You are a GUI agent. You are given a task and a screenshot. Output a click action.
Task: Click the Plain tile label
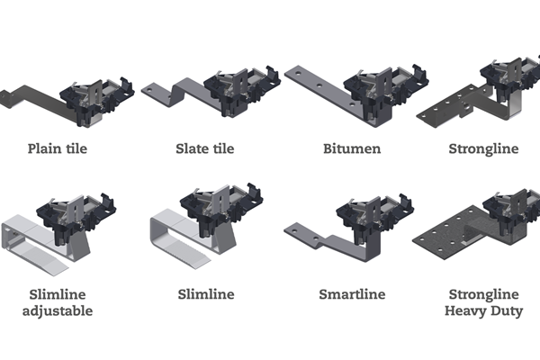(58, 148)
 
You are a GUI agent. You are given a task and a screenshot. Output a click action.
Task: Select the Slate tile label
(205, 148)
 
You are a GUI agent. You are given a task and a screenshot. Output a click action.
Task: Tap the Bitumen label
(352, 148)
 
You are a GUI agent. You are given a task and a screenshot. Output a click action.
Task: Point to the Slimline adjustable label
(58, 302)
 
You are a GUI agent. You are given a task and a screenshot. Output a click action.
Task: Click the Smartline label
(352, 294)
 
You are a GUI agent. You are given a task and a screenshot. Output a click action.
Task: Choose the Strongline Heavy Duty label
(483, 302)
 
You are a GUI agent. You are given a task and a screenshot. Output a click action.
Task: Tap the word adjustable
(58, 311)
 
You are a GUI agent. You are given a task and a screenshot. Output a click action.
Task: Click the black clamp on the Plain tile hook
(97, 100)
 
